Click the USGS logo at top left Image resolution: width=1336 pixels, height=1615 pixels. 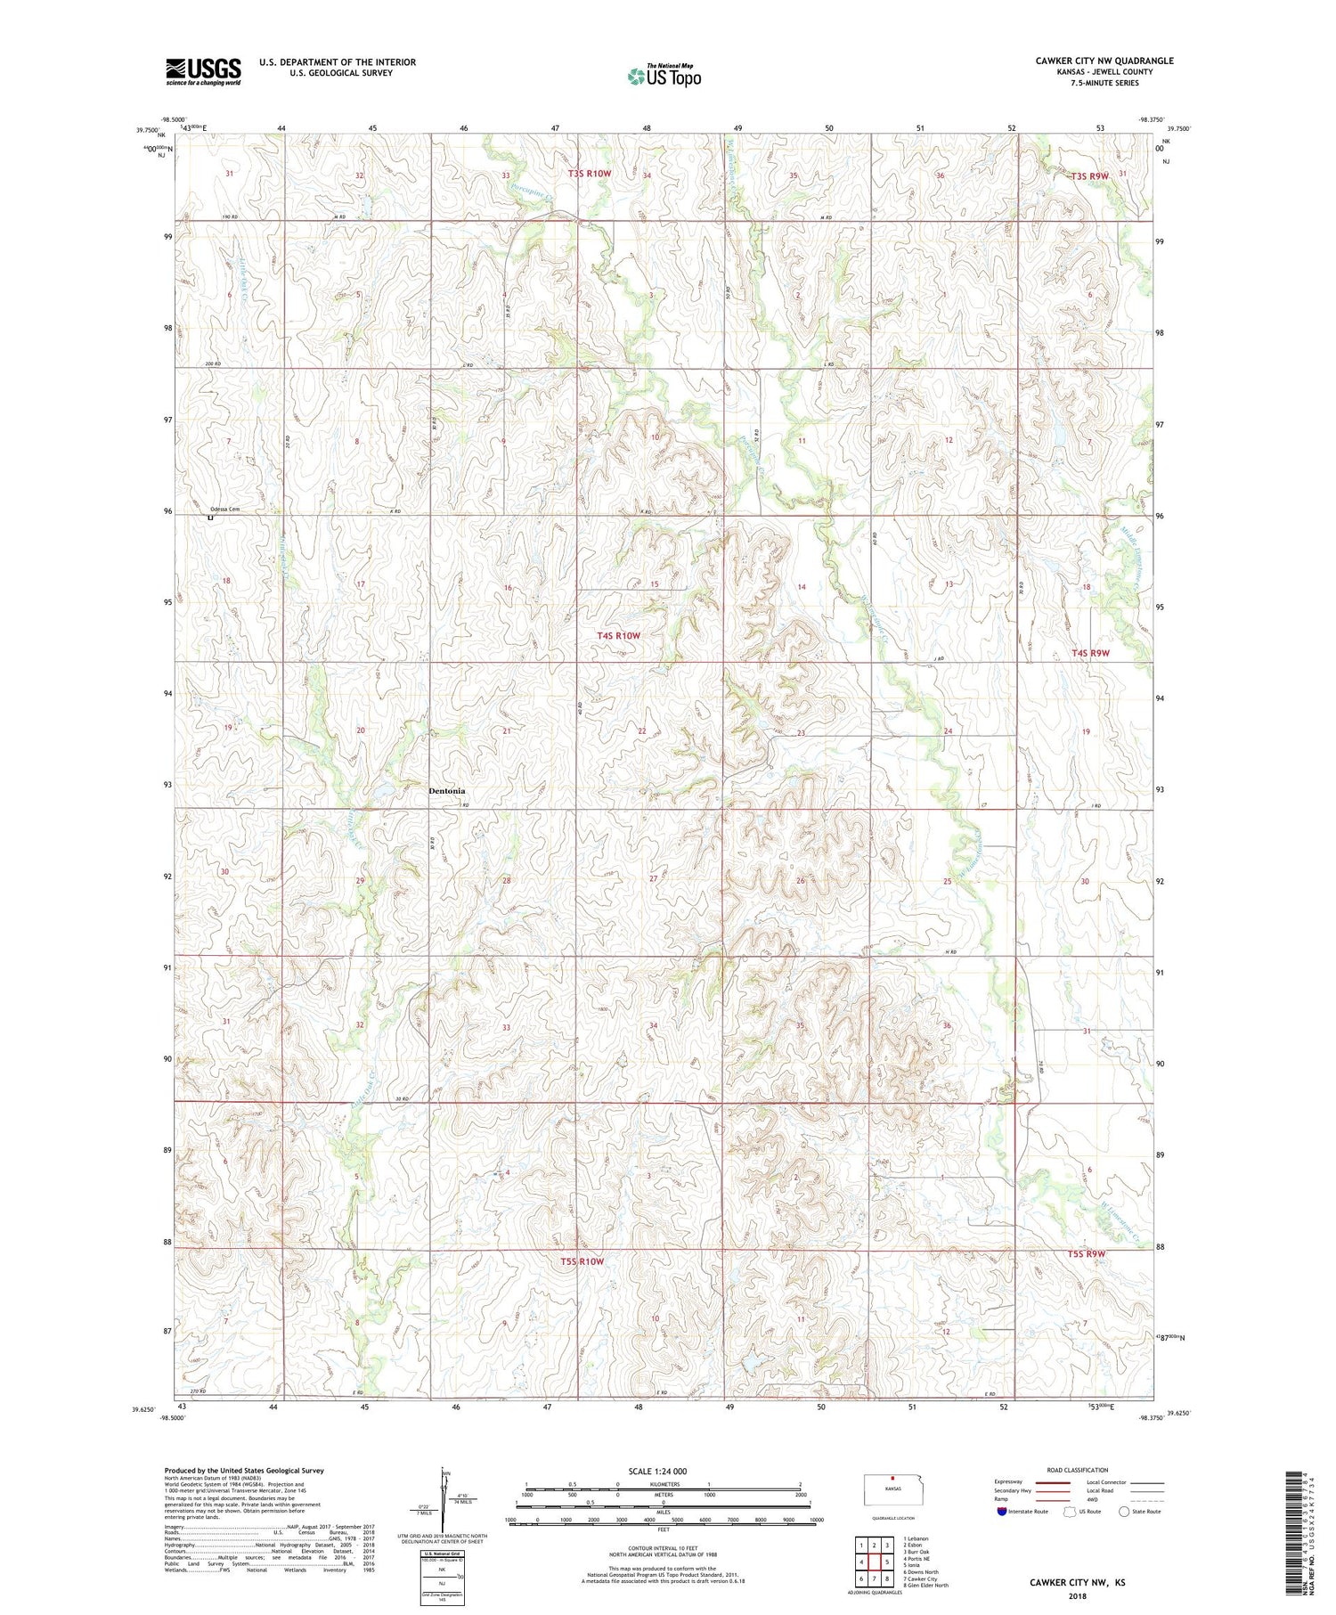click(x=203, y=70)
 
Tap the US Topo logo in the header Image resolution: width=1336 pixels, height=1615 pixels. click(x=664, y=76)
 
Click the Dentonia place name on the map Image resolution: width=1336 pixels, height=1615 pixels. click(x=446, y=791)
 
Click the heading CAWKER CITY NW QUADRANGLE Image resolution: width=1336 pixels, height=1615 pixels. click(x=1104, y=61)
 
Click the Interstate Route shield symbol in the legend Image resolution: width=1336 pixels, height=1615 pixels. click(x=1002, y=1512)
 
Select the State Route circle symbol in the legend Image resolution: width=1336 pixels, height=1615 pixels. click(x=1124, y=1512)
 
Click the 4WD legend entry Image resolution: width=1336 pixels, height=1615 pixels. click(x=1096, y=1502)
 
